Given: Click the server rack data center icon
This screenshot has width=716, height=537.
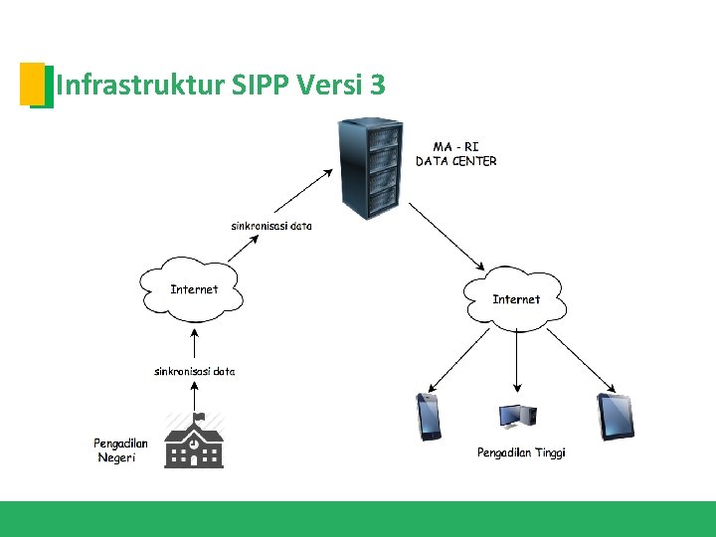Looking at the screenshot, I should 369,168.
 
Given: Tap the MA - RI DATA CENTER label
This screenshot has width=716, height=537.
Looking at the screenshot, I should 455,154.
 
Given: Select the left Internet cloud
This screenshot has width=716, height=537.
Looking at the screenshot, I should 194,290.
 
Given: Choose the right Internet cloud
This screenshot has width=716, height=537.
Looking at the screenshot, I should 516,297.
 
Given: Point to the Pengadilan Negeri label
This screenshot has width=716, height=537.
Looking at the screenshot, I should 121,450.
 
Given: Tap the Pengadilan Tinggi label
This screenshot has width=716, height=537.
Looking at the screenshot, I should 521,452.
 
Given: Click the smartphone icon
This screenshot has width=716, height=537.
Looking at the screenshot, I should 429,417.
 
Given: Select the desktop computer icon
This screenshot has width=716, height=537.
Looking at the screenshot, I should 517,418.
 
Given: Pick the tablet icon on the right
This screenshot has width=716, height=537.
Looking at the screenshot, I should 615,417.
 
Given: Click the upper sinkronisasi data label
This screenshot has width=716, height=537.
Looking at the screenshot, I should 271,226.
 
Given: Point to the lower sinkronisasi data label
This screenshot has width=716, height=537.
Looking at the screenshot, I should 195,372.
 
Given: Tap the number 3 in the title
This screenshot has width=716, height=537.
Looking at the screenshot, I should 376,86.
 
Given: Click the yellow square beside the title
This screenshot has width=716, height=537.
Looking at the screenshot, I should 32,84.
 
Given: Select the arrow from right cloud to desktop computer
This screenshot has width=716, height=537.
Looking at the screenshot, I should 516,358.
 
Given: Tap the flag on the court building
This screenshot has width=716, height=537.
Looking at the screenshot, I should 198,417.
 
